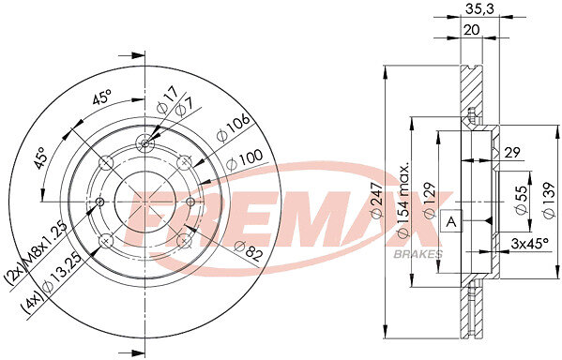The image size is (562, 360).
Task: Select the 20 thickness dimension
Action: tap(471, 30)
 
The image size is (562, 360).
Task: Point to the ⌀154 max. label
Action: tap(403, 201)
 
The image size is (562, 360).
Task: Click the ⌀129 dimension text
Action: tap(430, 201)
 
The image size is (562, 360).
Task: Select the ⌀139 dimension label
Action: tap(549, 201)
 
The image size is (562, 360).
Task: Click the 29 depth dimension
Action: tap(512, 153)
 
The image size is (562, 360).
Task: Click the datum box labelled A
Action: tap(451, 221)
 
